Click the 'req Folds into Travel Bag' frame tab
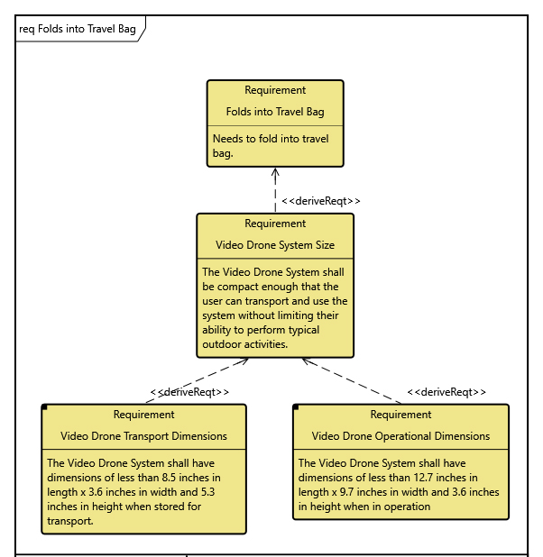[78, 29]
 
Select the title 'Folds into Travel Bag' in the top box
[275, 112]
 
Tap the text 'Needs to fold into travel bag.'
[271, 146]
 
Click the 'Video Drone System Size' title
[275, 244]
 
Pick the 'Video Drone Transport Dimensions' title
[143, 436]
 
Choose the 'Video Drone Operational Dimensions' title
[400, 436]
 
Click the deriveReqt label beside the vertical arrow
[321, 201]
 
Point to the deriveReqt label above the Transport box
[189, 392]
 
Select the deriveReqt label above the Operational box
[446, 392]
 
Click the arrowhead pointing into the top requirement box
[275, 173]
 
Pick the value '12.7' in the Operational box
[428, 478]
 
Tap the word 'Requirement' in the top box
[275, 90]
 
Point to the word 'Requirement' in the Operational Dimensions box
[400, 415]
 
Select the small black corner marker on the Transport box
[45, 408]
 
